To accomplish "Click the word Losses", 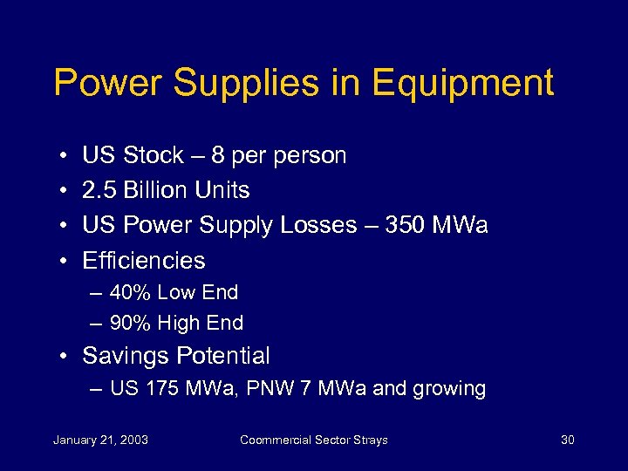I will (x=319, y=226).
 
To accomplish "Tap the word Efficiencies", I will (x=144, y=261).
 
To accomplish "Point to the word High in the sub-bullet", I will (x=181, y=324).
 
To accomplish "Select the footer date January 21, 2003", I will (x=100, y=440).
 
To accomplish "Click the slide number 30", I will (x=567, y=440).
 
